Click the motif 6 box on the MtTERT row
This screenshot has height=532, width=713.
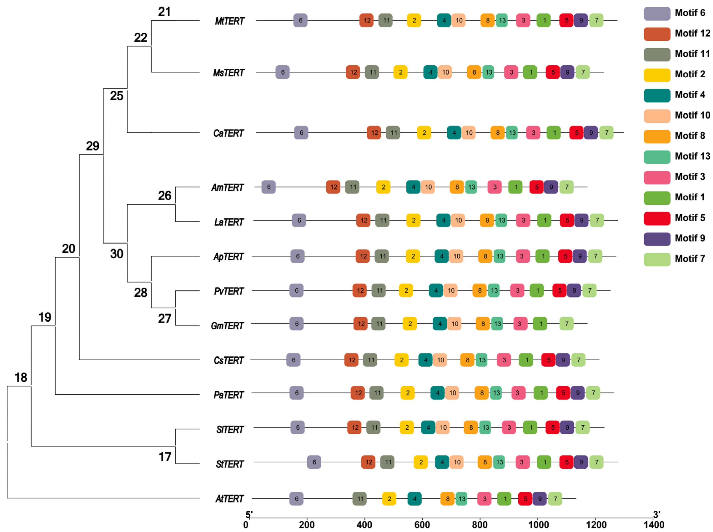click(x=300, y=20)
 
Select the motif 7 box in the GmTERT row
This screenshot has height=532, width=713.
click(x=566, y=324)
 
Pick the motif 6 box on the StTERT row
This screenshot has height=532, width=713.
click(x=314, y=462)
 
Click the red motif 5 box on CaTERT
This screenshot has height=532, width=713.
click(x=576, y=133)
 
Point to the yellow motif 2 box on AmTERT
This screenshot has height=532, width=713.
click(x=383, y=187)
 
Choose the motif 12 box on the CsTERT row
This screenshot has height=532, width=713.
click(x=351, y=360)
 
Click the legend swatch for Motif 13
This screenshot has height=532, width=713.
click(x=657, y=157)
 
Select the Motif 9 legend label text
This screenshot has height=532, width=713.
click(x=690, y=238)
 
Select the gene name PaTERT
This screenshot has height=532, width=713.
click(x=229, y=395)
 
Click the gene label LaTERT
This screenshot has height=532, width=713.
click(x=229, y=222)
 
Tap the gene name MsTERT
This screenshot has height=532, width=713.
click(x=229, y=73)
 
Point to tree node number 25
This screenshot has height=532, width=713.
click(x=116, y=96)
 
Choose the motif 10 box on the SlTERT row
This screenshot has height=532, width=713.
click(x=443, y=428)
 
